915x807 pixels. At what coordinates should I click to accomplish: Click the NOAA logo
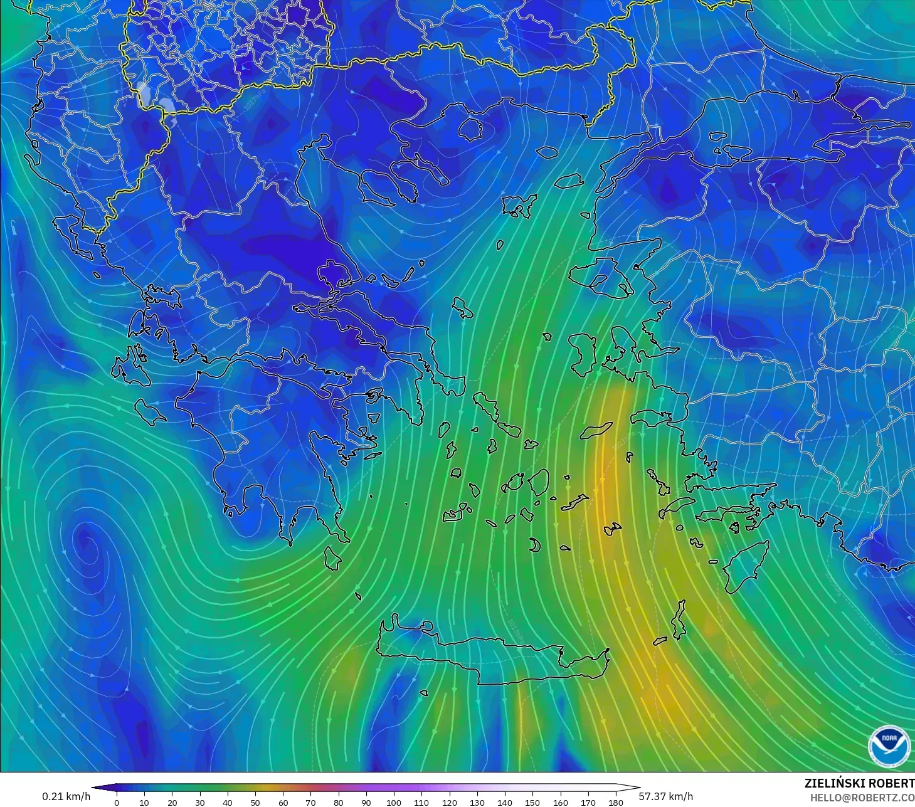click(x=889, y=745)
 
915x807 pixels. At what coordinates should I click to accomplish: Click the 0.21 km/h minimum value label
click(x=66, y=796)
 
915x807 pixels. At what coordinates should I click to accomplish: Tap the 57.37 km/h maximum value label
click(x=665, y=796)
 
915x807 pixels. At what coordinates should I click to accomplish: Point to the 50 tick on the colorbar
click(x=255, y=802)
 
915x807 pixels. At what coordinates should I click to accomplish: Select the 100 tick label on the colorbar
click(x=394, y=802)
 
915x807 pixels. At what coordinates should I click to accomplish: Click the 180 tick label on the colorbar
click(x=616, y=802)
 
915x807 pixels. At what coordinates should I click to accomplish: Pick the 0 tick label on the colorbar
click(x=117, y=802)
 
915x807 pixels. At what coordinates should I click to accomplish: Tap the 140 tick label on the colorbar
click(x=505, y=802)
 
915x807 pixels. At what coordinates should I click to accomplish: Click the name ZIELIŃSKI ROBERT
click(x=859, y=783)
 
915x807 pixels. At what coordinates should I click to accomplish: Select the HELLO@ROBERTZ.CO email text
click(x=862, y=798)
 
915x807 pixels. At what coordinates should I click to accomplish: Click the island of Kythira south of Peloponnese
click(x=332, y=558)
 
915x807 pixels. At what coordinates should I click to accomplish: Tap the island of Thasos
click(x=470, y=129)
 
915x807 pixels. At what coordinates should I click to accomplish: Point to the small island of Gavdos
click(x=424, y=694)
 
